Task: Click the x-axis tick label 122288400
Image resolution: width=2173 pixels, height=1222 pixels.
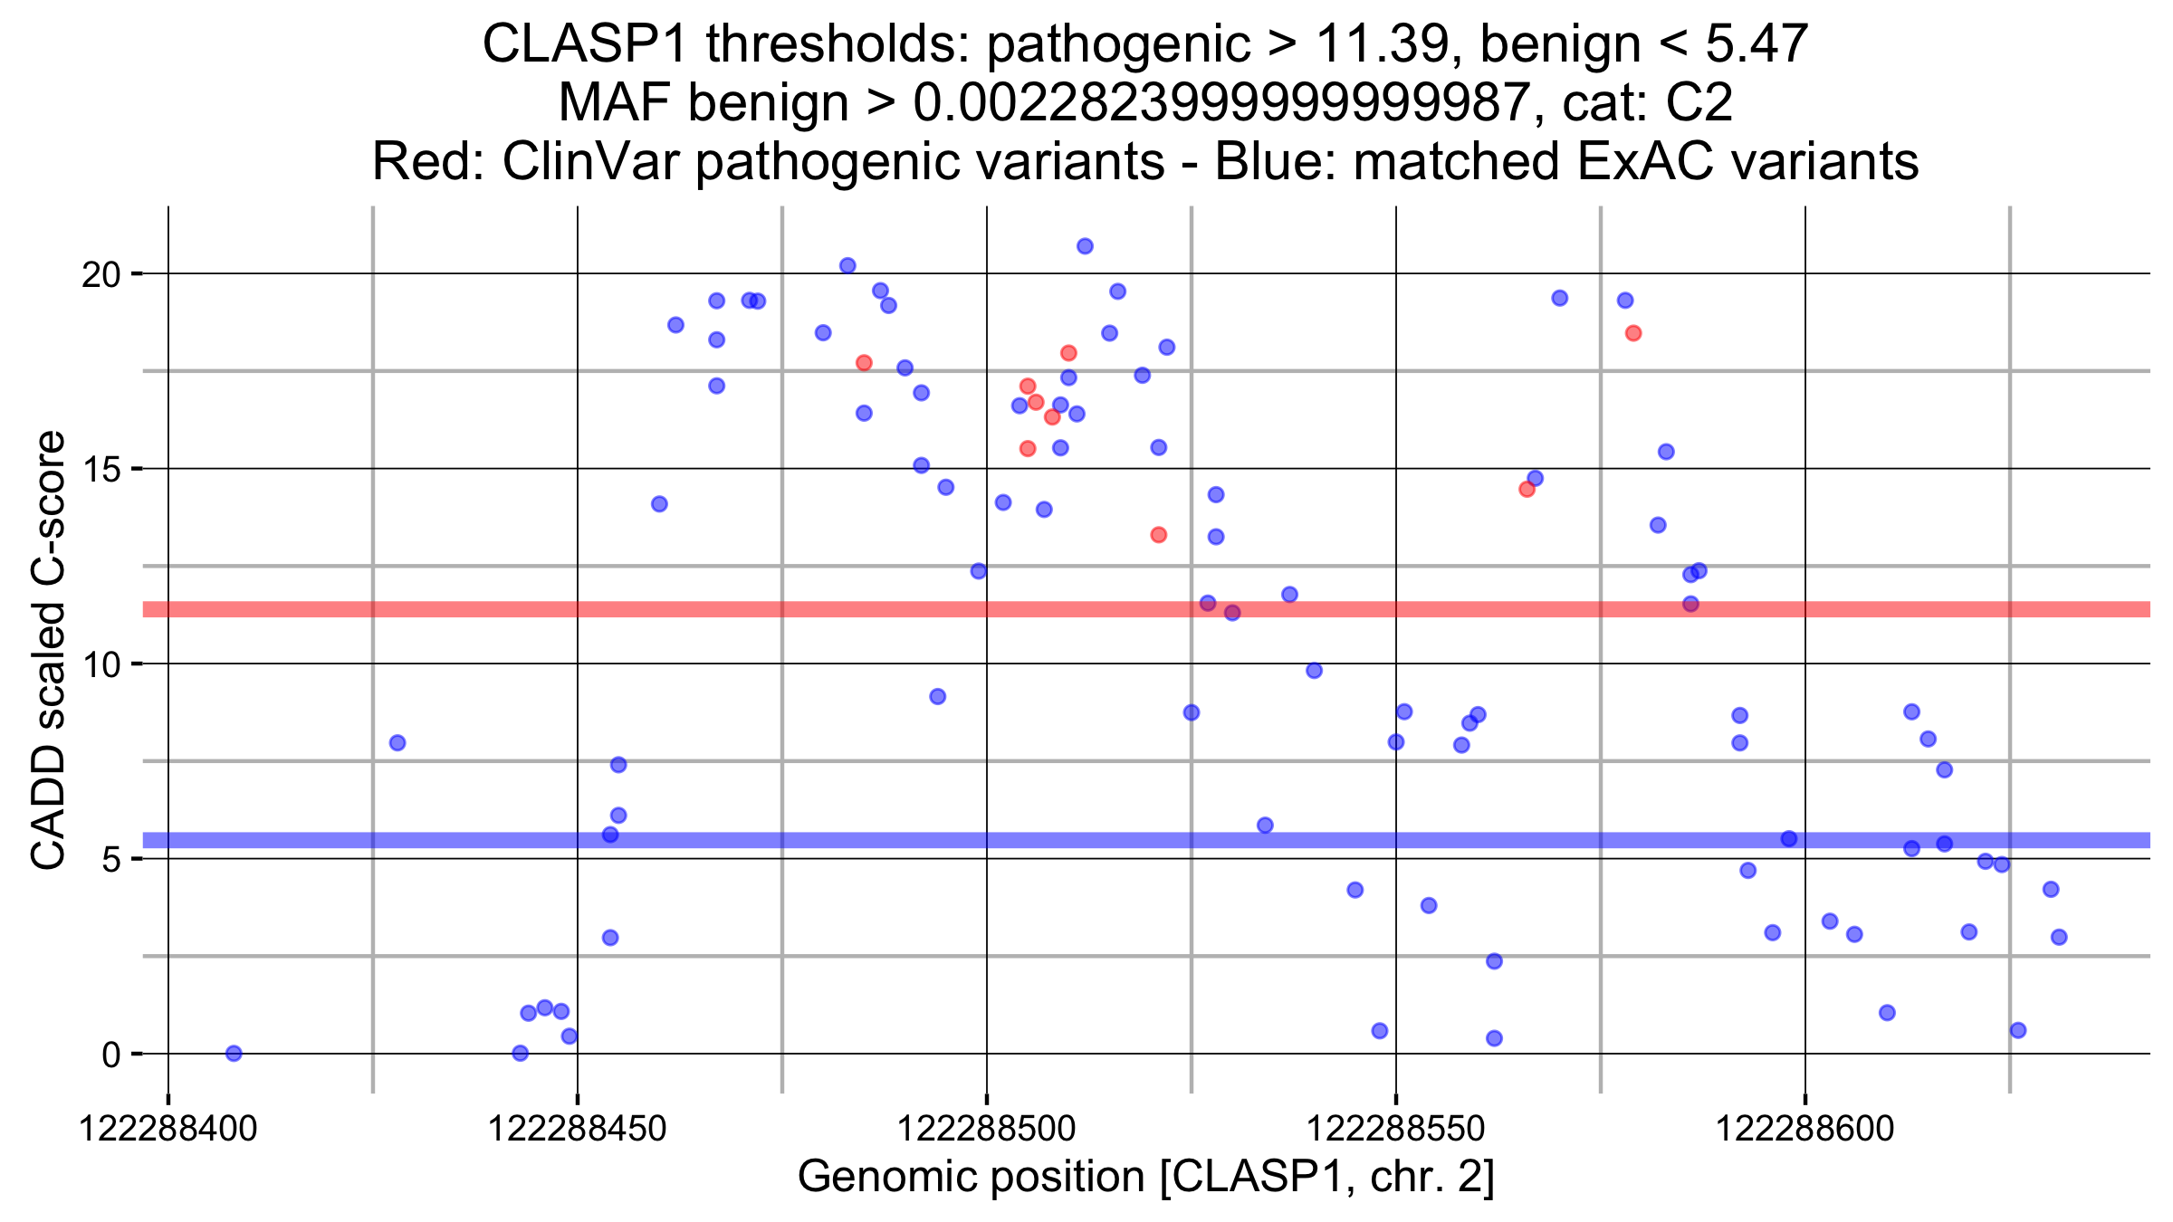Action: [168, 1129]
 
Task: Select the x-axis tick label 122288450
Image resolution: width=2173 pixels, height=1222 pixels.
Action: [577, 1129]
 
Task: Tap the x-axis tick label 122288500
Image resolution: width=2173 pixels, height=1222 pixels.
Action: [986, 1129]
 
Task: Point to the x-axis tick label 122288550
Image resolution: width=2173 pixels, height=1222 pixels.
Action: [1395, 1129]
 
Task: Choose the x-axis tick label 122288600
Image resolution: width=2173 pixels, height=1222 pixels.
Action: [1804, 1129]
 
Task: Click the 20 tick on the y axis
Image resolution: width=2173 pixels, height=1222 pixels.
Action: [101, 274]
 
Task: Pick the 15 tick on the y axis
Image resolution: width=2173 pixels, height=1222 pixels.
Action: [101, 470]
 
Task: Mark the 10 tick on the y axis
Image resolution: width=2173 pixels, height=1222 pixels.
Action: [101, 664]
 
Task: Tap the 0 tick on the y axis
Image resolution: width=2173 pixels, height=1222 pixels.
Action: [111, 1055]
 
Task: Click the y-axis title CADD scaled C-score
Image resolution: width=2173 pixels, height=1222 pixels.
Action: [49, 650]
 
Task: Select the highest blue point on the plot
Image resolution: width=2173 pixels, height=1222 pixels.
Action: [1085, 246]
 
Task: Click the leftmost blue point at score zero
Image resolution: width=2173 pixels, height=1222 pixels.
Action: [234, 1053]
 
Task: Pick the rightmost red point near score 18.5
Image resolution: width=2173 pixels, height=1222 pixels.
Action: [1633, 333]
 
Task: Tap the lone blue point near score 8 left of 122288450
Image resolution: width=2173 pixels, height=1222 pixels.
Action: [397, 743]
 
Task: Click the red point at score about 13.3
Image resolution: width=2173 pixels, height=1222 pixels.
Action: [1159, 535]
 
